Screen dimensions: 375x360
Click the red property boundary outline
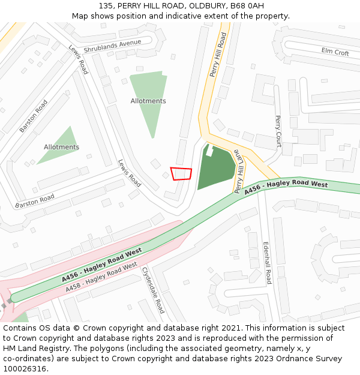tap(181, 173)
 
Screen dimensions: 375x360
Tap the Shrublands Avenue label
tap(112, 46)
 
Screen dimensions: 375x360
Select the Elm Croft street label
tap(335, 52)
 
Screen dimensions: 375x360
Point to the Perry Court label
tap(278, 131)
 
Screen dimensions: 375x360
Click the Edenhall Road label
tap(267, 263)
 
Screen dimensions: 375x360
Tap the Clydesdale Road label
tap(153, 290)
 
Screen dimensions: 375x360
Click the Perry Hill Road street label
tap(218, 55)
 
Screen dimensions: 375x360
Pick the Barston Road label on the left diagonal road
tap(34, 116)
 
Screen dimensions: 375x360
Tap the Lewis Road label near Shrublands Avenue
tap(78, 59)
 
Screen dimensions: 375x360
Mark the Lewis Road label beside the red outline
tap(129, 173)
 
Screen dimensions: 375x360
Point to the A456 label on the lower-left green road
tap(101, 265)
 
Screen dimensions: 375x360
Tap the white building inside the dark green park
tap(210, 151)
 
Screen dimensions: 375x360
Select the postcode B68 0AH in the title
tap(247, 5)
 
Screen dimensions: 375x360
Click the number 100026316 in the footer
tap(25, 369)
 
